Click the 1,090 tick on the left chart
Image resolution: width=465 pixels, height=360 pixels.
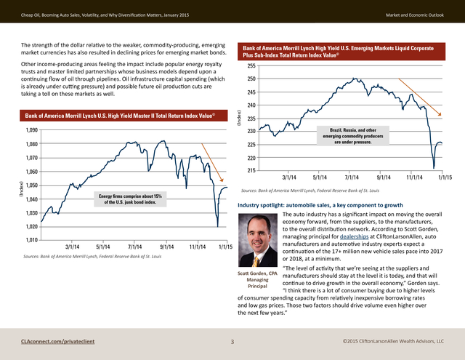coord(32,130)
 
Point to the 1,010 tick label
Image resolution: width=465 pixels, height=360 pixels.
coord(32,240)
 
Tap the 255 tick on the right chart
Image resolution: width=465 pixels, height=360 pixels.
coord(251,66)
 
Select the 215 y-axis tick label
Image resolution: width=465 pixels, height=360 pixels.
coord(251,170)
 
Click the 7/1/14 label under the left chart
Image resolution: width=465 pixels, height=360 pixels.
coord(134,247)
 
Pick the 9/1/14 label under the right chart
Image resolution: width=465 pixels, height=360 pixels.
coord(384,177)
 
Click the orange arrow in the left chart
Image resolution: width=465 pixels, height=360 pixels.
coord(212,163)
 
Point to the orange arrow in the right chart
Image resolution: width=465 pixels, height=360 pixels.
coord(420,97)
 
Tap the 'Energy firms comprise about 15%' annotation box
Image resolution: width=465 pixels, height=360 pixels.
coord(130,199)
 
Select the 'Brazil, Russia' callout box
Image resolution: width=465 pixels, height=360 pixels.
coord(353,136)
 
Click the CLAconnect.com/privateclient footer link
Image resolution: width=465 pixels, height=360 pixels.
coord(58,341)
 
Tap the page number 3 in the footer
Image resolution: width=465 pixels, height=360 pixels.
coord(232,342)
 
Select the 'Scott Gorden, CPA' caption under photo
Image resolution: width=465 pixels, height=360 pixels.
coord(257,273)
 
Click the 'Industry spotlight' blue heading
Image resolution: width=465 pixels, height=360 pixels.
coord(320,205)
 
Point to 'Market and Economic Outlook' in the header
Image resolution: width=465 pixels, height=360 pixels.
coord(415,15)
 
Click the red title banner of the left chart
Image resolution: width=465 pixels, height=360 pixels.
coord(124,116)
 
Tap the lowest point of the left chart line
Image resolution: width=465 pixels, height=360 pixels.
coord(218,227)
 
